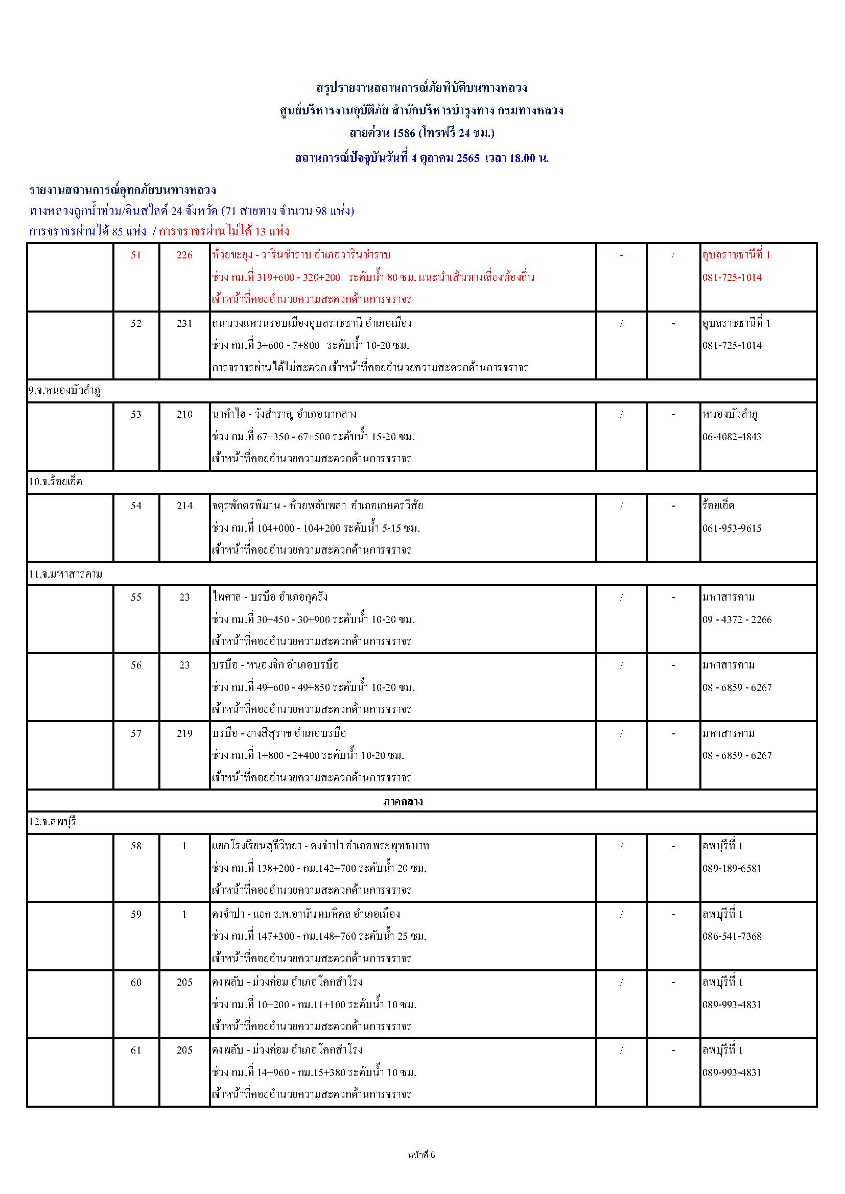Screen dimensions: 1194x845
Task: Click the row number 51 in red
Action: click(136, 255)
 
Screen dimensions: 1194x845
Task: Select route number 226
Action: click(184, 255)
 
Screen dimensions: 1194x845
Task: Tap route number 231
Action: click(184, 323)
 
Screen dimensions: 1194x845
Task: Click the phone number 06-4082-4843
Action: click(732, 437)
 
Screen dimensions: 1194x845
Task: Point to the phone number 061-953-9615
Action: click(732, 529)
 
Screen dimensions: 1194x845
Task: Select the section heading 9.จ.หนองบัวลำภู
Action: click(64, 391)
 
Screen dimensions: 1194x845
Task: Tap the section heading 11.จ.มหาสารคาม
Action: click(65, 574)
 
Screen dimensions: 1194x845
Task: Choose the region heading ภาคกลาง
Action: click(403, 801)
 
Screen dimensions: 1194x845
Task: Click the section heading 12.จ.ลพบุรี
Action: click(53, 822)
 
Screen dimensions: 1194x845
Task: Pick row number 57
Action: click(136, 733)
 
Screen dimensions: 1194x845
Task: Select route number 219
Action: click(184, 733)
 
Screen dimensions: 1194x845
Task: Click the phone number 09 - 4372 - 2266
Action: click(737, 619)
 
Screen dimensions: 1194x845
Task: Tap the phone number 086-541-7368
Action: click(732, 936)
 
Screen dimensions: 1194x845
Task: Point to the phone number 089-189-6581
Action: click(732, 868)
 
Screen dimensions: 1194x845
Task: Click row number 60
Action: click(136, 982)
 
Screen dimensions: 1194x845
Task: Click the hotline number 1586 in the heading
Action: click(404, 133)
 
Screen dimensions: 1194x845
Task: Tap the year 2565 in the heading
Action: click(468, 158)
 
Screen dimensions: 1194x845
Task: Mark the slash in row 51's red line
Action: click(673, 255)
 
